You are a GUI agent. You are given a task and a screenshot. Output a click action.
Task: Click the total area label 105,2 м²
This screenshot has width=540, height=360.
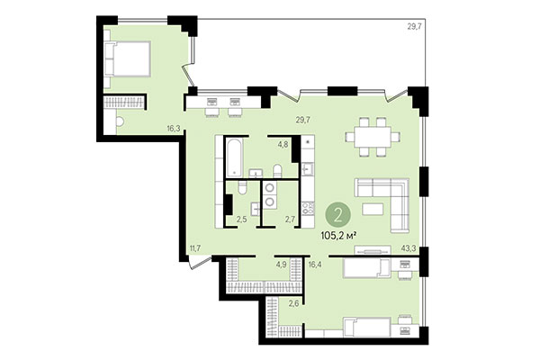pos(338,238)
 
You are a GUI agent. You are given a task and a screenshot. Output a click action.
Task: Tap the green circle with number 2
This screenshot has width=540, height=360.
pos(338,214)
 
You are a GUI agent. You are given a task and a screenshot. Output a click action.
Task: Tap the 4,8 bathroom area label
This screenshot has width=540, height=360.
pos(283,144)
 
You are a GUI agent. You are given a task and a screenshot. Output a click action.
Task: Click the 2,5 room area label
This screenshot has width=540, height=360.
pos(241,219)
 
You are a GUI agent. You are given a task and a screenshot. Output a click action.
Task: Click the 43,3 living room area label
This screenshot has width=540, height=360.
pos(408,247)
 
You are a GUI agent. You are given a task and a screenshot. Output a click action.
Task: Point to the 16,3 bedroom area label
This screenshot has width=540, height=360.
pos(173,128)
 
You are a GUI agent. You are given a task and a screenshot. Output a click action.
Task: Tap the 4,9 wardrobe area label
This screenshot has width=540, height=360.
pos(281,265)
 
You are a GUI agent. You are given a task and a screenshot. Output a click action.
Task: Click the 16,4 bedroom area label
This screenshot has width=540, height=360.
pos(314,265)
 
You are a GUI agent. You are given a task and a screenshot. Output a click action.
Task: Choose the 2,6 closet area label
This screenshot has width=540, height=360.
pos(293,306)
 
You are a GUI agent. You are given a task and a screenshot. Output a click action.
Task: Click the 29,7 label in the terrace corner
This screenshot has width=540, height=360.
pos(414,27)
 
